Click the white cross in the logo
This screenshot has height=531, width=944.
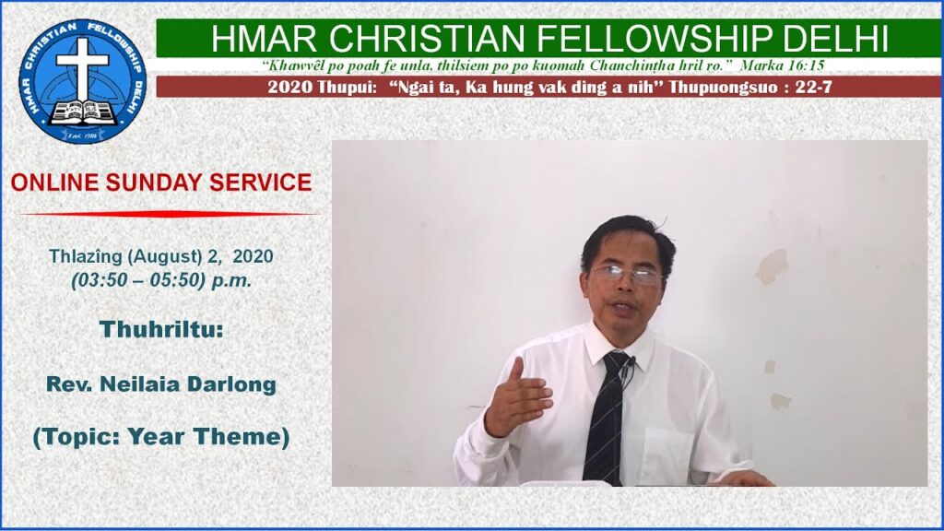point(82,67)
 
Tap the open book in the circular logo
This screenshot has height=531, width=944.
point(83,112)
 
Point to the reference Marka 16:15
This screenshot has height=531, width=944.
point(782,65)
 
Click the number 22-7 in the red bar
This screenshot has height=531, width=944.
point(814,88)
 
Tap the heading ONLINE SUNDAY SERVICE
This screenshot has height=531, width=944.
point(161,183)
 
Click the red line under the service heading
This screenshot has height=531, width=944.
point(169,214)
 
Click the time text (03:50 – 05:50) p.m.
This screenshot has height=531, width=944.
point(161,280)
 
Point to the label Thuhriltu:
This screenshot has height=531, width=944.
point(161,329)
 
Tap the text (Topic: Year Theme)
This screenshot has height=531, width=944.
point(161,436)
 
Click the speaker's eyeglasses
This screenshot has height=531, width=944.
point(626,275)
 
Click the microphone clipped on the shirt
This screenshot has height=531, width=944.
point(631,361)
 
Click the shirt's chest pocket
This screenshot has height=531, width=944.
point(667,454)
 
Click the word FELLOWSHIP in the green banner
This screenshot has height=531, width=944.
point(655,39)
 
